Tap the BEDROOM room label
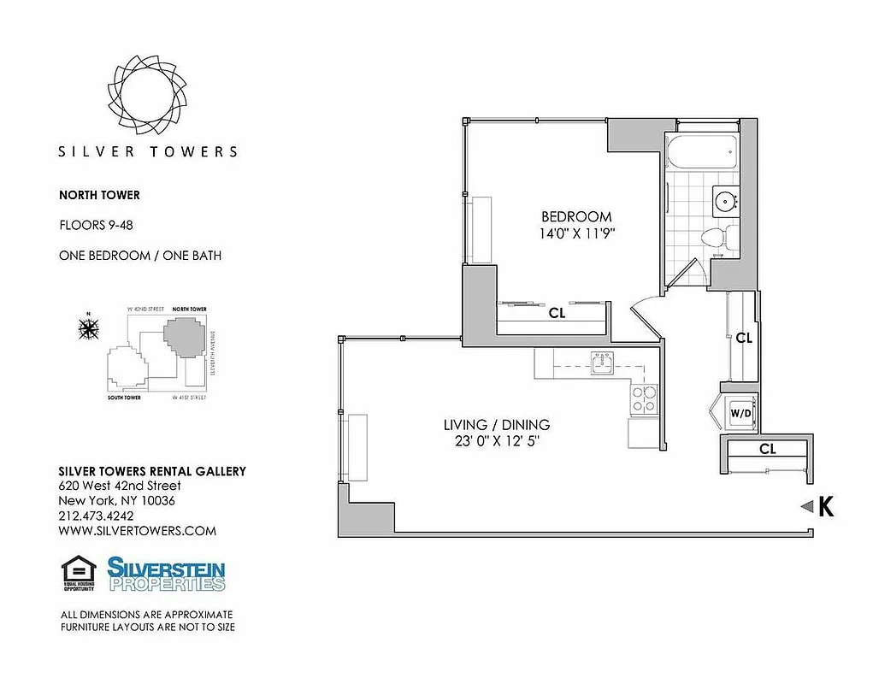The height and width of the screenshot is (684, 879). [x=575, y=216]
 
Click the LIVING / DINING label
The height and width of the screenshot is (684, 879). [x=496, y=425]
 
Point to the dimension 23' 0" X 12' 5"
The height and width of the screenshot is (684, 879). [x=496, y=441]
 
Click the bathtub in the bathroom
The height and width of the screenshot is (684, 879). [x=701, y=151]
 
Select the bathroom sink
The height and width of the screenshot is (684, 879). [x=727, y=203]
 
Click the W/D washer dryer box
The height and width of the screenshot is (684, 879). [x=740, y=414]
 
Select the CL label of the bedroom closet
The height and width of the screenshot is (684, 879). [x=557, y=314]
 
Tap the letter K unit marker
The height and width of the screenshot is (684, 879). [x=826, y=507]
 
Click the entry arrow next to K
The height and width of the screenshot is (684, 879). [x=805, y=507]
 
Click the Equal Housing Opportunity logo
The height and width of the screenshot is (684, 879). [x=78, y=574]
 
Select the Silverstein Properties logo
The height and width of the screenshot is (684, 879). [x=166, y=574]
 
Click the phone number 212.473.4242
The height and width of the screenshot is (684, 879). [x=97, y=516]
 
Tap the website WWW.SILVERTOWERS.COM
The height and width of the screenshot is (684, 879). [x=137, y=531]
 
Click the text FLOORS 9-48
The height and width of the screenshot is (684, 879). [x=96, y=226]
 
